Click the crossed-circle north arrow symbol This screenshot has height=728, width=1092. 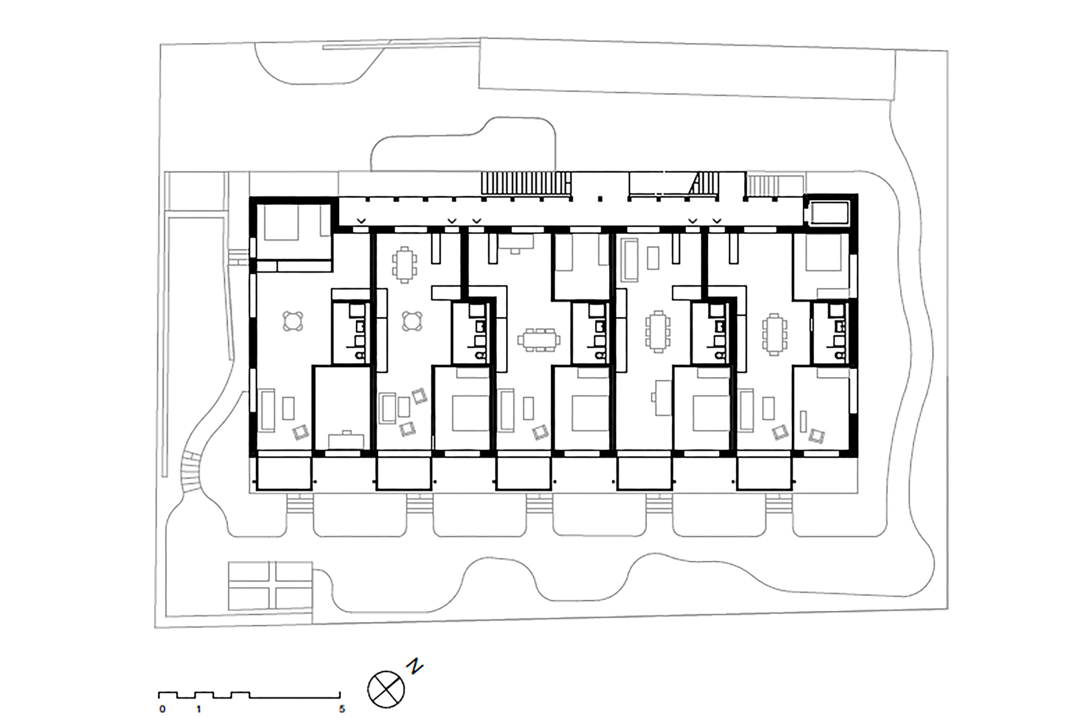(x=386, y=689)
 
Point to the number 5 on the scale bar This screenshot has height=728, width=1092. (x=342, y=709)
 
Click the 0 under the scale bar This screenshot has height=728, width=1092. (x=162, y=709)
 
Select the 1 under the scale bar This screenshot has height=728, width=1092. (x=199, y=709)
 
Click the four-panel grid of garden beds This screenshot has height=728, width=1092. (x=270, y=586)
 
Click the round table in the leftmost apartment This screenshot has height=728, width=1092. (x=293, y=321)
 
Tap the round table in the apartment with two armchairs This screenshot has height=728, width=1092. (x=412, y=321)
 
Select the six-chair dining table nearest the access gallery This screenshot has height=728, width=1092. (x=405, y=265)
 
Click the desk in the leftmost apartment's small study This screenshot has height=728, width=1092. (x=346, y=441)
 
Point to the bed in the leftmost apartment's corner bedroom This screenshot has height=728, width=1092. (x=281, y=223)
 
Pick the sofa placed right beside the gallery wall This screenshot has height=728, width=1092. (x=629, y=260)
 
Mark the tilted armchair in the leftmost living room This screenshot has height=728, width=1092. (x=301, y=433)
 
